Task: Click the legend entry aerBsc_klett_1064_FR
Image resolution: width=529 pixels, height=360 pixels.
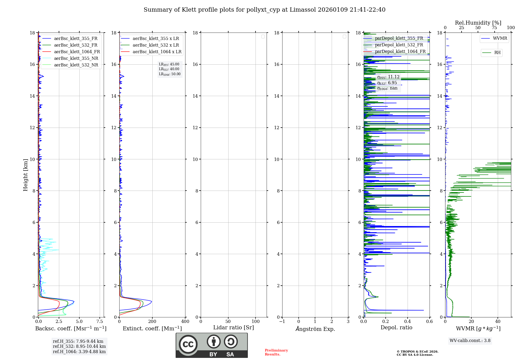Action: [77, 52]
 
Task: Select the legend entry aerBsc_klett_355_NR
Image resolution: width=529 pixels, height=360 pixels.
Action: [76, 58]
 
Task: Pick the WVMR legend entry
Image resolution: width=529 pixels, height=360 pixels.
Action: [500, 38]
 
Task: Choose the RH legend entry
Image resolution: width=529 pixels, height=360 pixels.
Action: [497, 53]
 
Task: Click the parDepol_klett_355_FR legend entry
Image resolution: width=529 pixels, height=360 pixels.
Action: [399, 38]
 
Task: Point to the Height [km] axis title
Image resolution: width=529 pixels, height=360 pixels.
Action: [25, 175]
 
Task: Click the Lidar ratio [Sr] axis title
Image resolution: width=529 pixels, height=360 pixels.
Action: [234, 327]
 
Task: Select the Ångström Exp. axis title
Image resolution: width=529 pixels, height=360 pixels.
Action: [315, 329]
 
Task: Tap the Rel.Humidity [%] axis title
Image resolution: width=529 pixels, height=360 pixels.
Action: [478, 23]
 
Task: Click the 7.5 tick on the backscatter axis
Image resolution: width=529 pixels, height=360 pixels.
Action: [100, 322]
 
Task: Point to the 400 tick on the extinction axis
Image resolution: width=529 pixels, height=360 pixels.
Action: [185, 322]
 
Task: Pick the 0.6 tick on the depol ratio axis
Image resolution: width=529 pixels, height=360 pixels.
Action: [430, 322]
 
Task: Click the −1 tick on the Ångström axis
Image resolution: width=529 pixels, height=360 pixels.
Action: [282, 322]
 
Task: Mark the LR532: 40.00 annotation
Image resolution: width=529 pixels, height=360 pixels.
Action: [169, 69]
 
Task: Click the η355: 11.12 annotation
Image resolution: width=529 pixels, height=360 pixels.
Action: [388, 77]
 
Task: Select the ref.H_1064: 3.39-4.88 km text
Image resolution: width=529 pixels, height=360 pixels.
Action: [79, 352]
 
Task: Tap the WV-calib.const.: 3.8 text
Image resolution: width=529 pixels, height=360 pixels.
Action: [470, 340]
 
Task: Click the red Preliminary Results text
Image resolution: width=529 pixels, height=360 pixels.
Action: [276, 352]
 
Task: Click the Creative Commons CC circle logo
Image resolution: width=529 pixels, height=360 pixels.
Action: [188, 344]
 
